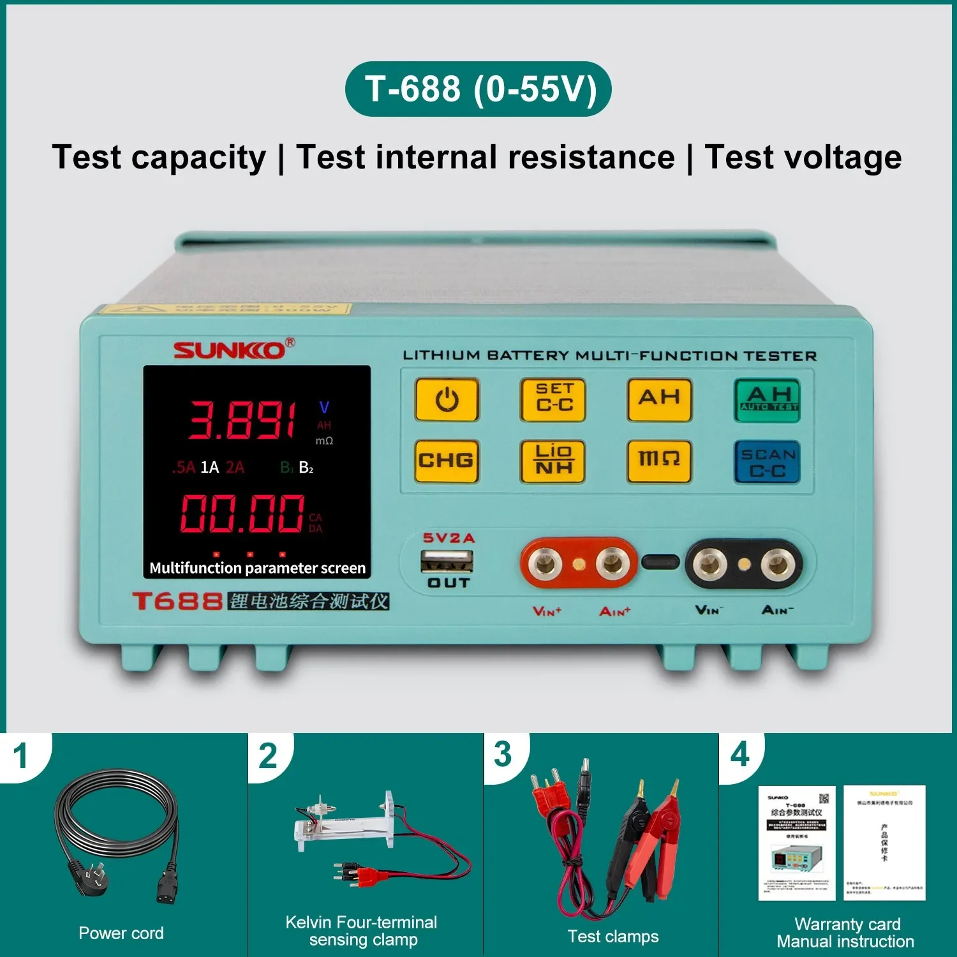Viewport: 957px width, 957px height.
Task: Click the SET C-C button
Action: (553, 399)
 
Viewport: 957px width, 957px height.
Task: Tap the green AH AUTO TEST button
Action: (768, 400)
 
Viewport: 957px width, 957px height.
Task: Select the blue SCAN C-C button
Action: (767, 462)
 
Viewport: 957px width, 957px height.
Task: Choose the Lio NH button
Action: (553, 461)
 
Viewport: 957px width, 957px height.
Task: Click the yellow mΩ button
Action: (659, 461)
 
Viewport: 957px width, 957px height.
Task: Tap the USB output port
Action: (447, 561)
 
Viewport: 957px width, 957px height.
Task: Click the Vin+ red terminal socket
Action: (544, 563)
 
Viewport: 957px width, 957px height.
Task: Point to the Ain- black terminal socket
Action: (778, 564)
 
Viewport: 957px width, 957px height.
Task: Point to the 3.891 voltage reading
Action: (242, 420)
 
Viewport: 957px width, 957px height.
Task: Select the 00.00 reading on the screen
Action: (242, 514)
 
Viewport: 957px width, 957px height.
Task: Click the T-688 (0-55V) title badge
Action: (478, 89)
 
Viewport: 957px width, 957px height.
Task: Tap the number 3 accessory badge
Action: (503, 754)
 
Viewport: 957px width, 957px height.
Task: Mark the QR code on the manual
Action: (824, 799)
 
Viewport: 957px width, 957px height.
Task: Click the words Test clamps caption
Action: (613, 936)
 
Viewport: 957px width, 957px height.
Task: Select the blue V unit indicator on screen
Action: (324, 407)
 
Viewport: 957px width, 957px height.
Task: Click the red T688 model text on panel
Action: (177, 601)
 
